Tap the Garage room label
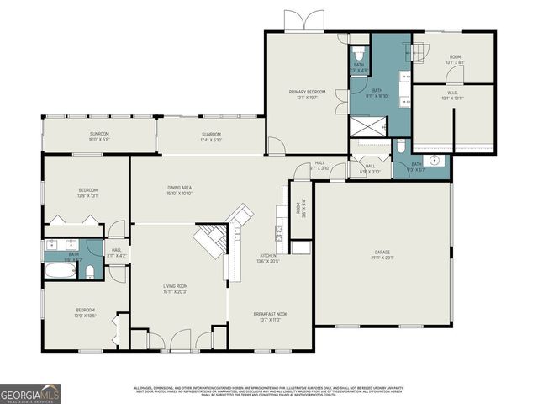click(x=388, y=255)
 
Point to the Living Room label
click(x=176, y=290)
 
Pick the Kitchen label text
click(x=267, y=258)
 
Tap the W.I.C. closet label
click(x=451, y=96)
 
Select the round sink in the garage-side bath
click(x=435, y=160)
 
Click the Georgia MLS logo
click(x=30, y=394)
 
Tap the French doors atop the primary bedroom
click(x=302, y=21)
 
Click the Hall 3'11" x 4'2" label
click(x=116, y=252)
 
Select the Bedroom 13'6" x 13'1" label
click(x=88, y=192)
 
